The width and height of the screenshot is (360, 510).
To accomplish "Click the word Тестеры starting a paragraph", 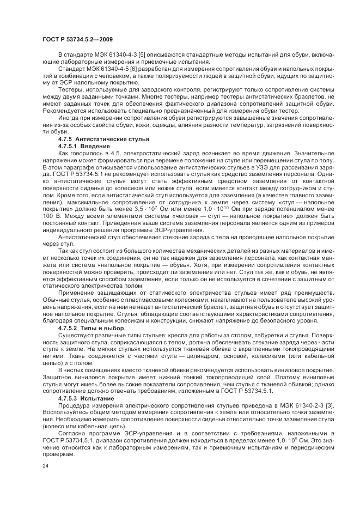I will coord(70,88).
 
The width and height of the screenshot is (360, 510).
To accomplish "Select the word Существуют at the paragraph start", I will coord(76,335).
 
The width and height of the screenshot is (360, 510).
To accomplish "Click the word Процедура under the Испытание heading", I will coord(74,405).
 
